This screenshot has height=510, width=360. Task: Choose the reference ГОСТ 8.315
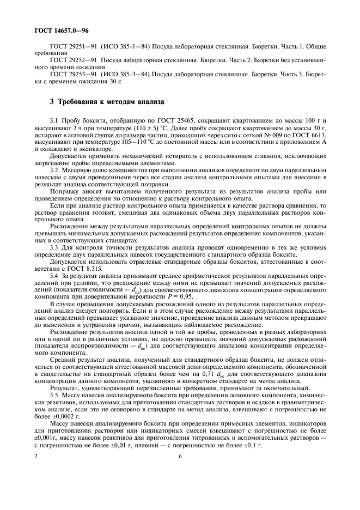pos(86,269)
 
